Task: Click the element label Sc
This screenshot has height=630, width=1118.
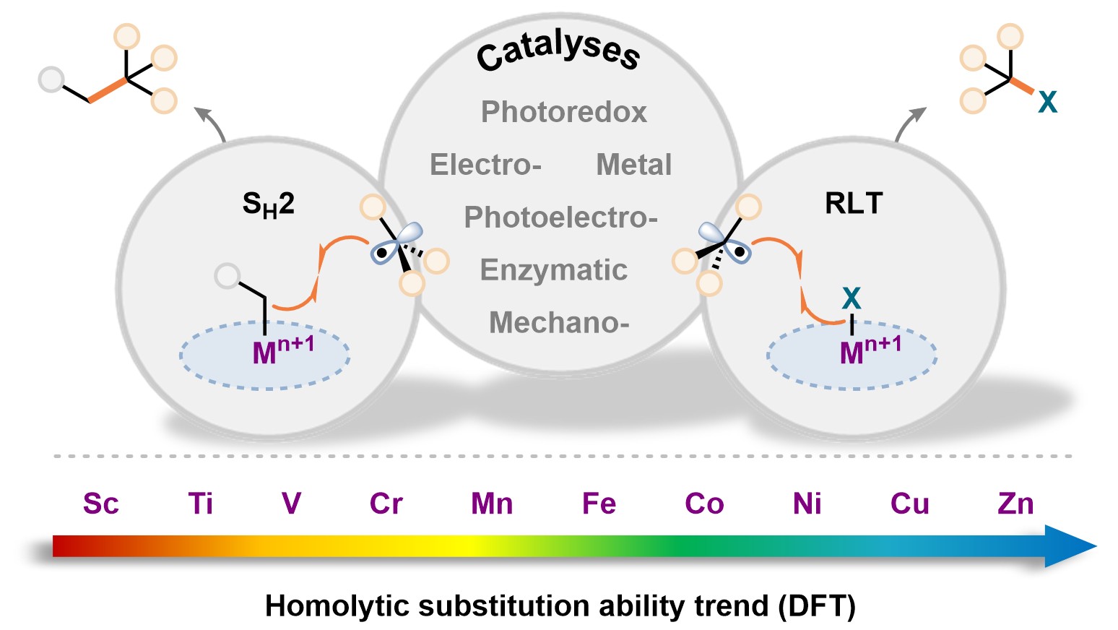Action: point(100,504)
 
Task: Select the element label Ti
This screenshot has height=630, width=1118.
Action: point(200,504)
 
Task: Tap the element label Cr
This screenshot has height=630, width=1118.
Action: point(386,504)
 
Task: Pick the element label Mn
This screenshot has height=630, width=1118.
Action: point(492,504)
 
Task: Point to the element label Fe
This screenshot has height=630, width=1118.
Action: point(599,504)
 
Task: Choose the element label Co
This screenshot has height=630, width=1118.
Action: point(704,504)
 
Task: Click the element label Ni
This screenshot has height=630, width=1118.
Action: point(807,504)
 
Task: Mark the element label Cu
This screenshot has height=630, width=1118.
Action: point(909,504)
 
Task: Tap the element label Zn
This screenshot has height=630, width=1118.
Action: point(1015,504)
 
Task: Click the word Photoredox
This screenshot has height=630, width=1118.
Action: point(563,112)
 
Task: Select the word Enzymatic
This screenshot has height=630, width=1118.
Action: point(553,270)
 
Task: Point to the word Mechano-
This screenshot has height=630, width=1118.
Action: point(559,323)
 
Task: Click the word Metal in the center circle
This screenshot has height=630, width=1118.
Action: point(633,165)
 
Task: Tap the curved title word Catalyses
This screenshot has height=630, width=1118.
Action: point(558,51)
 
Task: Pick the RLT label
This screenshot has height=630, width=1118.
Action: point(854,204)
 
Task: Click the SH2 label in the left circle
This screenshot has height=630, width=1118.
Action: point(268,204)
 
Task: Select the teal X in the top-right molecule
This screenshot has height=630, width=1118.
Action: point(1047,103)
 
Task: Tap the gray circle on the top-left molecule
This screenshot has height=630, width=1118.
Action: point(51,79)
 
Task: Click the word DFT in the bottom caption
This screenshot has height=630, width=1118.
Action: point(817,605)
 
